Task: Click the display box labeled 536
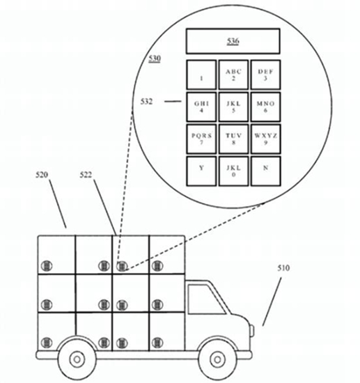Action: point(233,41)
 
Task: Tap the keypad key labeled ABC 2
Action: point(233,75)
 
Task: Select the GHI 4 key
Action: point(201,107)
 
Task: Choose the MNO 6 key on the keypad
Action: point(265,107)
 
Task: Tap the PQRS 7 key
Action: point(201,139)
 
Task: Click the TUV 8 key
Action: point(233,139)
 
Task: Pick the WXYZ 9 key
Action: point(265,139)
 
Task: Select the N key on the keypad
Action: point(265,171)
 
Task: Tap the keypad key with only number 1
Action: point(201,75)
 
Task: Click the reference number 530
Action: point(155,58)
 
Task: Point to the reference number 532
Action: point(146,102)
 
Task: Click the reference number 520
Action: point(42,175)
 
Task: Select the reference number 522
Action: point(86,175)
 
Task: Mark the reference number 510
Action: point(283,268)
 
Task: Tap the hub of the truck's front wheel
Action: point(217,359)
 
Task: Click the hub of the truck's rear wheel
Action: point(77,359)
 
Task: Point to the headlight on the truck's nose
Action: point(252,331)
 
